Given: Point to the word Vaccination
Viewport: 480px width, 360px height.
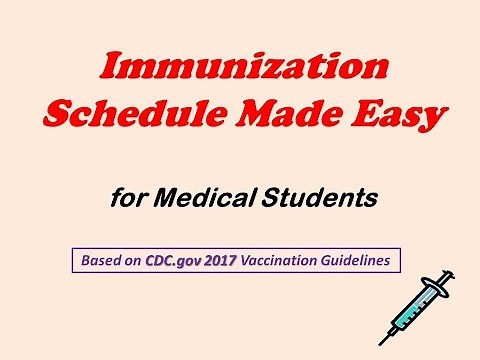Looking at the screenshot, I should click(x=285, y=261).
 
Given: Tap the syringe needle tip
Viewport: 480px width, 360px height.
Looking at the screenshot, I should click(x=383, y=341).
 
